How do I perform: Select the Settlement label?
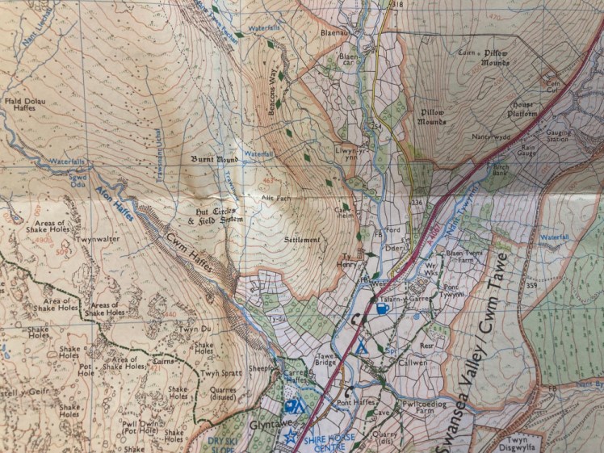point(303,241)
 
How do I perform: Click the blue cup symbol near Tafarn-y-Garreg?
point(382,308)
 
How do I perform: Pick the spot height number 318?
point(396,5)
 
